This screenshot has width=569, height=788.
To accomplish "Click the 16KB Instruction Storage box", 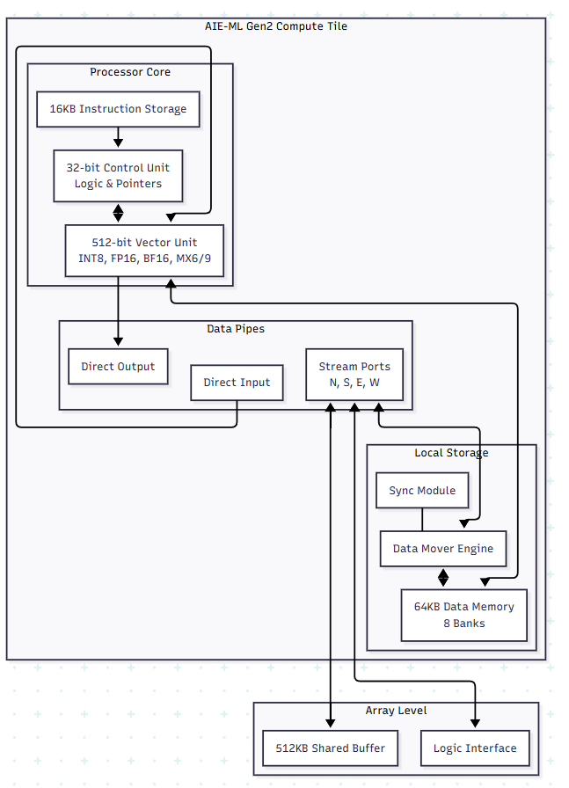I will (x=118, y=109).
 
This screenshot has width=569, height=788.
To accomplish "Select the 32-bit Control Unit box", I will (x=118, y=176).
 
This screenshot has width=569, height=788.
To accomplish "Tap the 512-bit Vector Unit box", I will (x=144, y=251).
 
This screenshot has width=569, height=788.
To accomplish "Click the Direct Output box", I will (x=118, y=367).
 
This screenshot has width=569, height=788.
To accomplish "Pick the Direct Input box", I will (x=237, y=383).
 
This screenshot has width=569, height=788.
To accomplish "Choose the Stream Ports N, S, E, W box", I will (x=354, y=375).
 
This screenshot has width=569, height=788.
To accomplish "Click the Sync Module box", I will (x=422, y=491).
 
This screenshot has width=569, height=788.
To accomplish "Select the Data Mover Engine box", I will (x=442, y=549).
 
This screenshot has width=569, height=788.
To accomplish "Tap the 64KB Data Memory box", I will (x=463, y=615).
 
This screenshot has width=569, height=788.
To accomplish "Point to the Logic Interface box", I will (x=475, y=748).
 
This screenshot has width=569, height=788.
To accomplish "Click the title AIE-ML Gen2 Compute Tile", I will (x=276, y=26).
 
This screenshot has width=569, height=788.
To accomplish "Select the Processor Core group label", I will (x=130, y=72).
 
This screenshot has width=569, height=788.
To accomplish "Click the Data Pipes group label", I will (x=235, y=329).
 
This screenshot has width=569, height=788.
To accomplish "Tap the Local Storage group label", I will (x=451, y=453).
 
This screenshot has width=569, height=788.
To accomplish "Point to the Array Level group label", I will (x=396, y=711).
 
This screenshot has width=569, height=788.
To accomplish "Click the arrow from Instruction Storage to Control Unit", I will (x=118, y=137).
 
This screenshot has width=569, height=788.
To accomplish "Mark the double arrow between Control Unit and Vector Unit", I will (x=118, y=214).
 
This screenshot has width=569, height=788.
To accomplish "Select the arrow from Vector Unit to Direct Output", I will (x=118, y=312).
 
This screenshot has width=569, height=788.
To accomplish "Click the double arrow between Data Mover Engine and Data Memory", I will (x=443, y=578).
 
